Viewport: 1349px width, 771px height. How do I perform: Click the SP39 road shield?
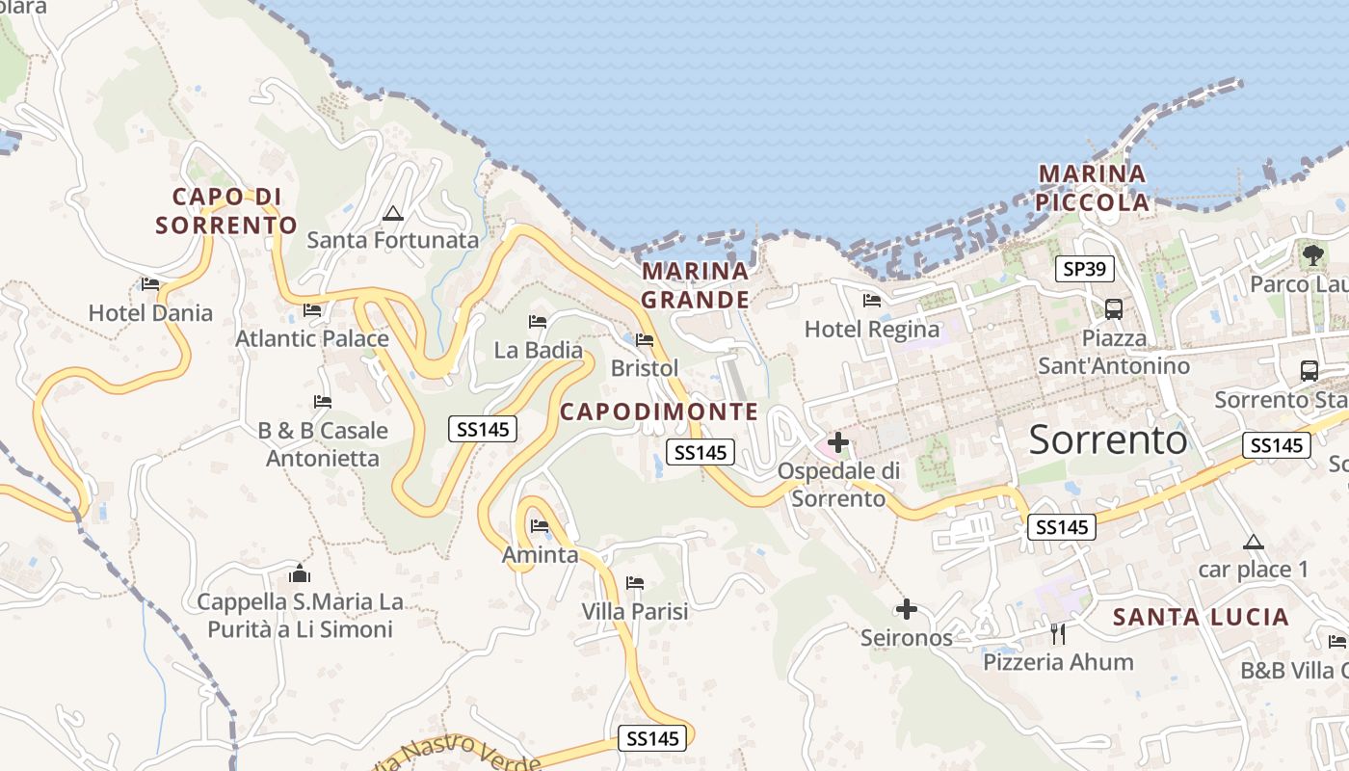pyautogui.click(x=1085, y=269)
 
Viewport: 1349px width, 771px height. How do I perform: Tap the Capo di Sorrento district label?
pyautogui.click(x=226, y=211)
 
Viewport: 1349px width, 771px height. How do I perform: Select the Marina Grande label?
pyautogui.click(x=695, y=285)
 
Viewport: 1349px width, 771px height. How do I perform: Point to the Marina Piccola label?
pyautogui.click(x=1093, y=188)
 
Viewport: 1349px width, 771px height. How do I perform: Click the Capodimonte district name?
pyautogui.click(x=659, y=412)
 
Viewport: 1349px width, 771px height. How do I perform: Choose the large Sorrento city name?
pyautogui.click(x=1108, y=439)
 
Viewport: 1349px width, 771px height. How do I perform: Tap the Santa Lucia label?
pyautogui.click(x=1201, y=617)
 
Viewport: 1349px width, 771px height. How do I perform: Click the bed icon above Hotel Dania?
pyautogui.click(x=150, y=284)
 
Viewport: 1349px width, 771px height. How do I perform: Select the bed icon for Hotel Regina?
pyautogui.click(x=872, y=301)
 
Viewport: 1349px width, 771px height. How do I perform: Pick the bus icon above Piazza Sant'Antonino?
pyautogui.click(x=1114, y=309)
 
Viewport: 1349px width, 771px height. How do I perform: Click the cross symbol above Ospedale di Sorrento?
pyautogui.click(x=838, y=442)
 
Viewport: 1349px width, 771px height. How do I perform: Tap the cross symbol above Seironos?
pyautogui.click(x=906, y=609)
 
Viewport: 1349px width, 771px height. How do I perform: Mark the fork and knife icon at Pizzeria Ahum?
pyautogui.click(x=1058, y=633)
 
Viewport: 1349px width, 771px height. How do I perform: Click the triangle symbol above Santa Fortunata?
pyautogui.click(x=392, y=213)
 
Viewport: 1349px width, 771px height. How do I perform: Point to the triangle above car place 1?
pyautogui.click(x=1253, y=542)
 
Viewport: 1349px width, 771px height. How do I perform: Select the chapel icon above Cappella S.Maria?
pyautogui.click(x=300, y=574)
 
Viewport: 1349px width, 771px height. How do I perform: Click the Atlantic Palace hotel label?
pyautogui.click(x=312, y=338)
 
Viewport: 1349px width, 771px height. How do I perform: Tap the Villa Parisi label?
pyautogui.click(x=635, y=612)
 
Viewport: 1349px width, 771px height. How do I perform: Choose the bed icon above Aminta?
pyautogui.click(x=540, y=526)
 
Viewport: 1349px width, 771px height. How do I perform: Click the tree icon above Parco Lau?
pyautogui.click(x=1312, y=255)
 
